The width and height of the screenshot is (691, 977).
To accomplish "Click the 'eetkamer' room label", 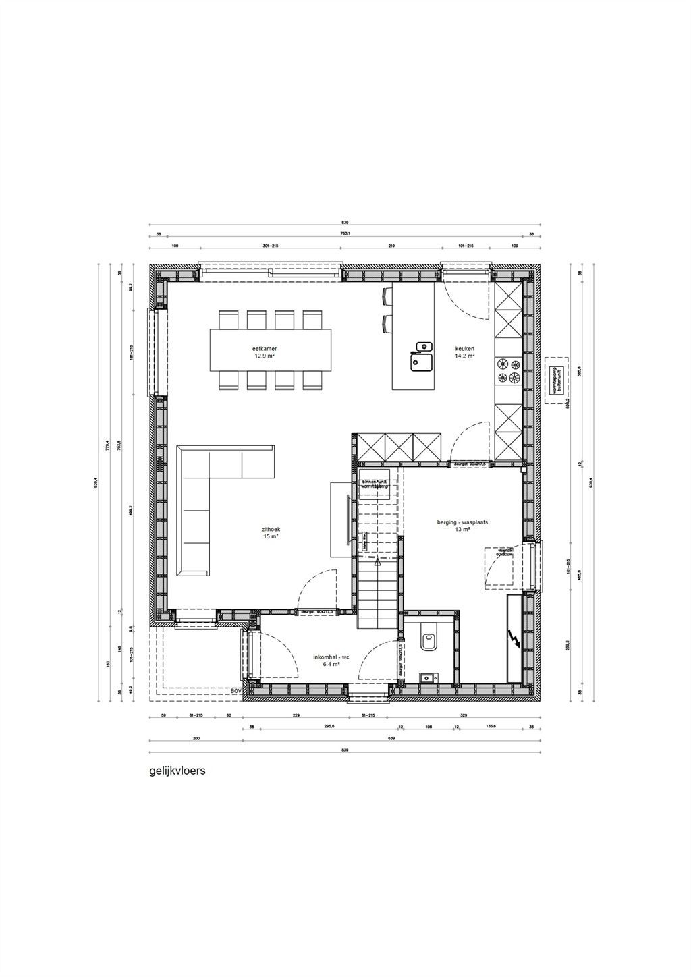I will coord(266,349).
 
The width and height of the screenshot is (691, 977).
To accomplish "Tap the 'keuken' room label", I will coord(464,349).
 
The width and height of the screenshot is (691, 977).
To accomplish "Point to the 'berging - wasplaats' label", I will coord(462,522).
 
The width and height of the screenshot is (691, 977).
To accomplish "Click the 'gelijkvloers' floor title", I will coord(177,770).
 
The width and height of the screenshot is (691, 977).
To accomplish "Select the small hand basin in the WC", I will coord(426,677).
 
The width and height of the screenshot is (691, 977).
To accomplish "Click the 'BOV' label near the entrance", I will coord(236,692).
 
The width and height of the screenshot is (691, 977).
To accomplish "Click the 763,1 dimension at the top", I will coord(345,234).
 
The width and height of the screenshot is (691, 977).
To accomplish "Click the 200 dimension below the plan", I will coord(196,739).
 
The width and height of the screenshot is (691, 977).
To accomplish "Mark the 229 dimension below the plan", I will coord(295,716).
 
